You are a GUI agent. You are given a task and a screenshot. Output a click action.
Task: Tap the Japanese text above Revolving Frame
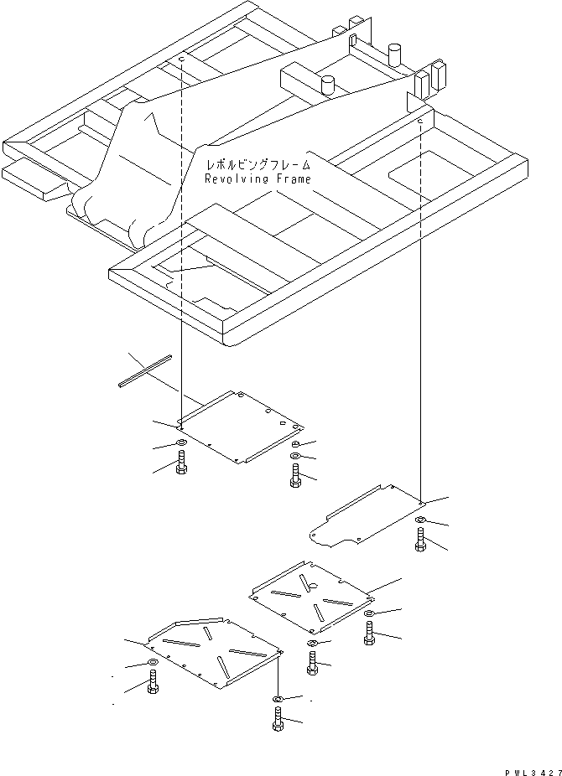[x=251, y=164]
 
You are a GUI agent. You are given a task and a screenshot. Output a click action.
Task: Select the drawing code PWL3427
[x=528, y=768]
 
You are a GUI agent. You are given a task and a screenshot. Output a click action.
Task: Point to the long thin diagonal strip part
[x=145, y=370]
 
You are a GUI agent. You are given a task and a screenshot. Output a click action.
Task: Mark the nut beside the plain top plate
[x=296, y=444]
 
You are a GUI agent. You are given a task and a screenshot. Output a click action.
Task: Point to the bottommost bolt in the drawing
[x=278, y=719]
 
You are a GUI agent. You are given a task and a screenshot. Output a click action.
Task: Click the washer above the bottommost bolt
[x=278, y=698]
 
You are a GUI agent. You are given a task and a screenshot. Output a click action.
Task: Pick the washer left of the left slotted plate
[x=153, y=665]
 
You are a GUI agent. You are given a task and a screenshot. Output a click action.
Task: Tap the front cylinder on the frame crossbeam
[x=327, y=84]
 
